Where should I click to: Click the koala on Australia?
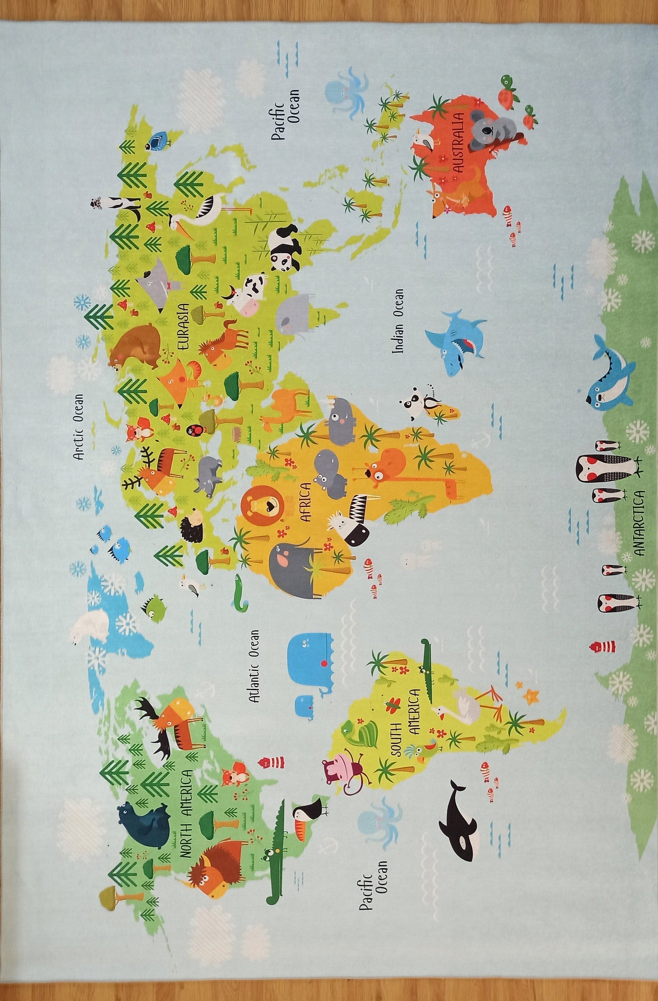(492, 128)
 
